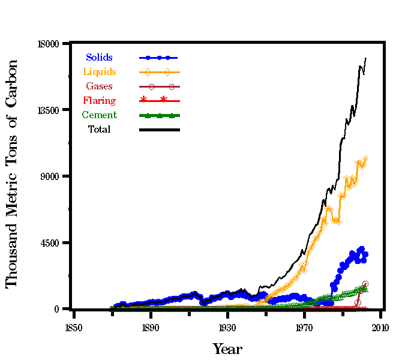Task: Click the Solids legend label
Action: click(x=99, y=58)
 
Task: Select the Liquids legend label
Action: click(x=100, y=72)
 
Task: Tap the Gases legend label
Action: click(x=99, y=86)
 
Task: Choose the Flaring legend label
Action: click(x=100, y=101)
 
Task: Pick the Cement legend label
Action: click(x=100, y=115)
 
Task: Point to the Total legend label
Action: click(x=100, y=130)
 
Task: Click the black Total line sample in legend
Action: click(x=160, y=130)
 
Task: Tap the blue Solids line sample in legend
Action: click(x=160, y=58)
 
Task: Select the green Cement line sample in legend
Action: click(x=160, y=115)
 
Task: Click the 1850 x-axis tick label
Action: click(x=74, y=328)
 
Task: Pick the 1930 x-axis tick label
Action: click(x=227, y=328)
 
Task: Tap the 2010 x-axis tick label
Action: click(x=380, y=328)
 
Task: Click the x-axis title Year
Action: click(x=227, y=349)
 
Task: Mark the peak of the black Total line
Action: click(x=365, y=58)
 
